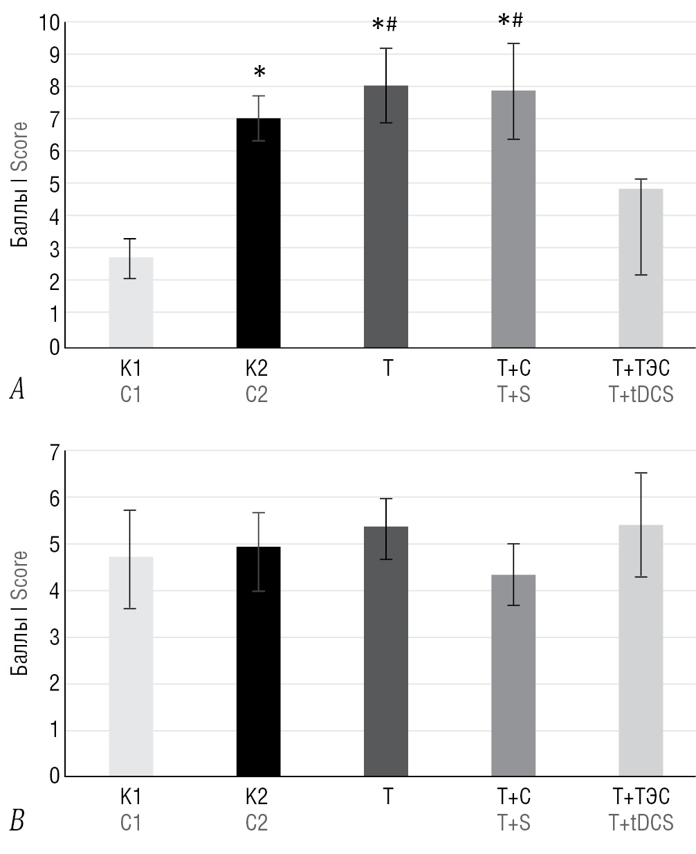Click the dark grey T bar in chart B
click(386, 651)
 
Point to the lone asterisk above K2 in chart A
click(259, 72)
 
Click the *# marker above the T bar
click(385, 26)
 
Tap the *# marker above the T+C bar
click(511, 21)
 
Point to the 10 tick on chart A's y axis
click(48, 23)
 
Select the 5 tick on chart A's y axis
click(55, 184)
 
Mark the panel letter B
click(17, 821)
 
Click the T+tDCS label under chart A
click(641, 394)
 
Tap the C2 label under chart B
click(257, 823)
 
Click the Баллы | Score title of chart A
click(20, 184)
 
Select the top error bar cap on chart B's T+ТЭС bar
click(641, 473)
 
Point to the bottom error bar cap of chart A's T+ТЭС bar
click(641, 275)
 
